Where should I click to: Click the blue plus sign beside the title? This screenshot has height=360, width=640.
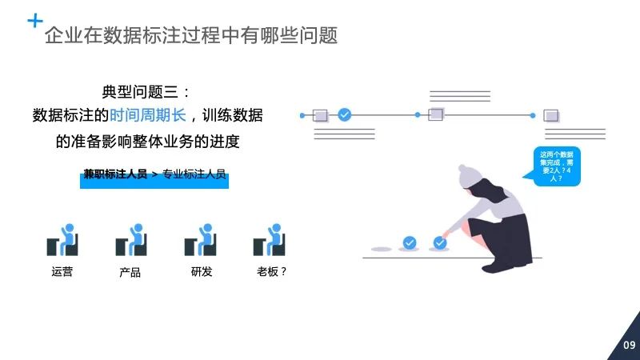[35, 21]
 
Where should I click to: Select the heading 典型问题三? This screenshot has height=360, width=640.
[147, 92]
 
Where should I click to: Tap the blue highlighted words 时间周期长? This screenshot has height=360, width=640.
[147, 115]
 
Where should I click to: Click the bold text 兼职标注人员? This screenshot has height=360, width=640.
[115, 174]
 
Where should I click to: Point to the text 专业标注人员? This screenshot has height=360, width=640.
[195, 174]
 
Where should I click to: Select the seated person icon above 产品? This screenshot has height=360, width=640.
[130, 239]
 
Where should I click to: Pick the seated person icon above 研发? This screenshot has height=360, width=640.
[200, 239]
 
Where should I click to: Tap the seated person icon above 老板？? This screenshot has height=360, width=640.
[270, 239]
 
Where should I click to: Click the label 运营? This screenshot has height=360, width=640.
[62, 272]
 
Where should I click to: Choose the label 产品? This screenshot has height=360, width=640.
[130, 273]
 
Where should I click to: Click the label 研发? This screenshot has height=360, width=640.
[201, 272]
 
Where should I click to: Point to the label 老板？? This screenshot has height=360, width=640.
[272, 272]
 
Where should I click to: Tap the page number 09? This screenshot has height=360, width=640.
[629, 346]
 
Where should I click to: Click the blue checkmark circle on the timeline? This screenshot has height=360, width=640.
[344, 115]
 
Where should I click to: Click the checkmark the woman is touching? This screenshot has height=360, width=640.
[439, 242]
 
